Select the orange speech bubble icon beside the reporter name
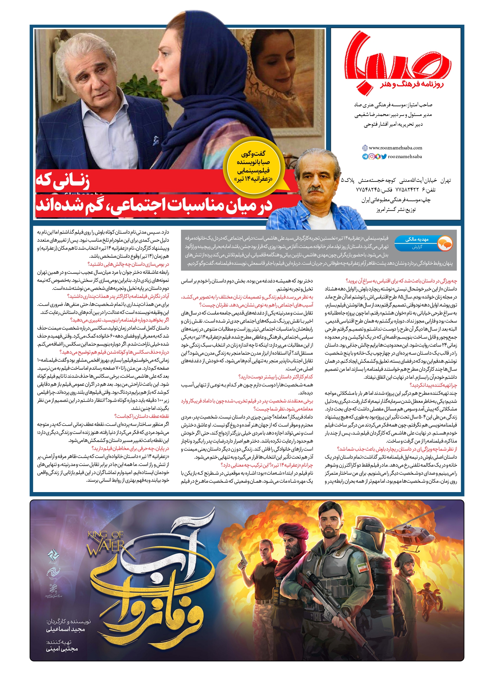pos(444,243)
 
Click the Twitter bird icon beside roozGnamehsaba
pos(384,156)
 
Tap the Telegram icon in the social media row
pos(365,156)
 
